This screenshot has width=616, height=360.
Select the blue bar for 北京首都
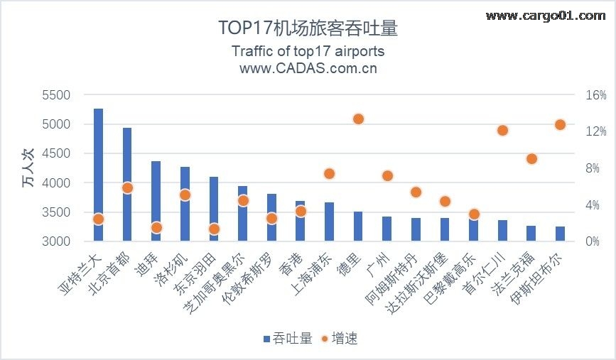point(127,185)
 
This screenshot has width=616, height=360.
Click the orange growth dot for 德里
point(358,119)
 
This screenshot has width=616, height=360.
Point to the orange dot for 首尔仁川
point(502,130)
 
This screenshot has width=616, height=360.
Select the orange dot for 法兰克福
point(531,158)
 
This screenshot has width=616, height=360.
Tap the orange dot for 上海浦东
point(329,173)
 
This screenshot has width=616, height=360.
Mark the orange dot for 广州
point(387,175)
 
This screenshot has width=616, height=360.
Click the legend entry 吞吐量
point(287,338)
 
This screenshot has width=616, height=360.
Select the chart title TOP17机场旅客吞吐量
point(307,28)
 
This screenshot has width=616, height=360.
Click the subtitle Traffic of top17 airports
point(308,52)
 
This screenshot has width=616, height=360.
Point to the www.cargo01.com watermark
point(544,16)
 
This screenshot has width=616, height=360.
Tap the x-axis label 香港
point(292,264)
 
